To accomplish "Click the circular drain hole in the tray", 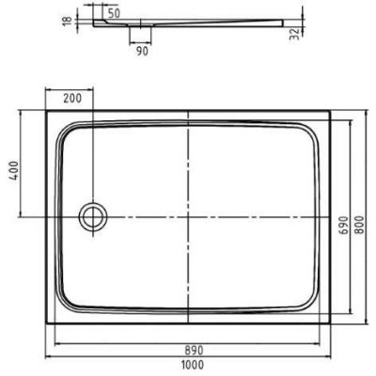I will coord(92,216).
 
